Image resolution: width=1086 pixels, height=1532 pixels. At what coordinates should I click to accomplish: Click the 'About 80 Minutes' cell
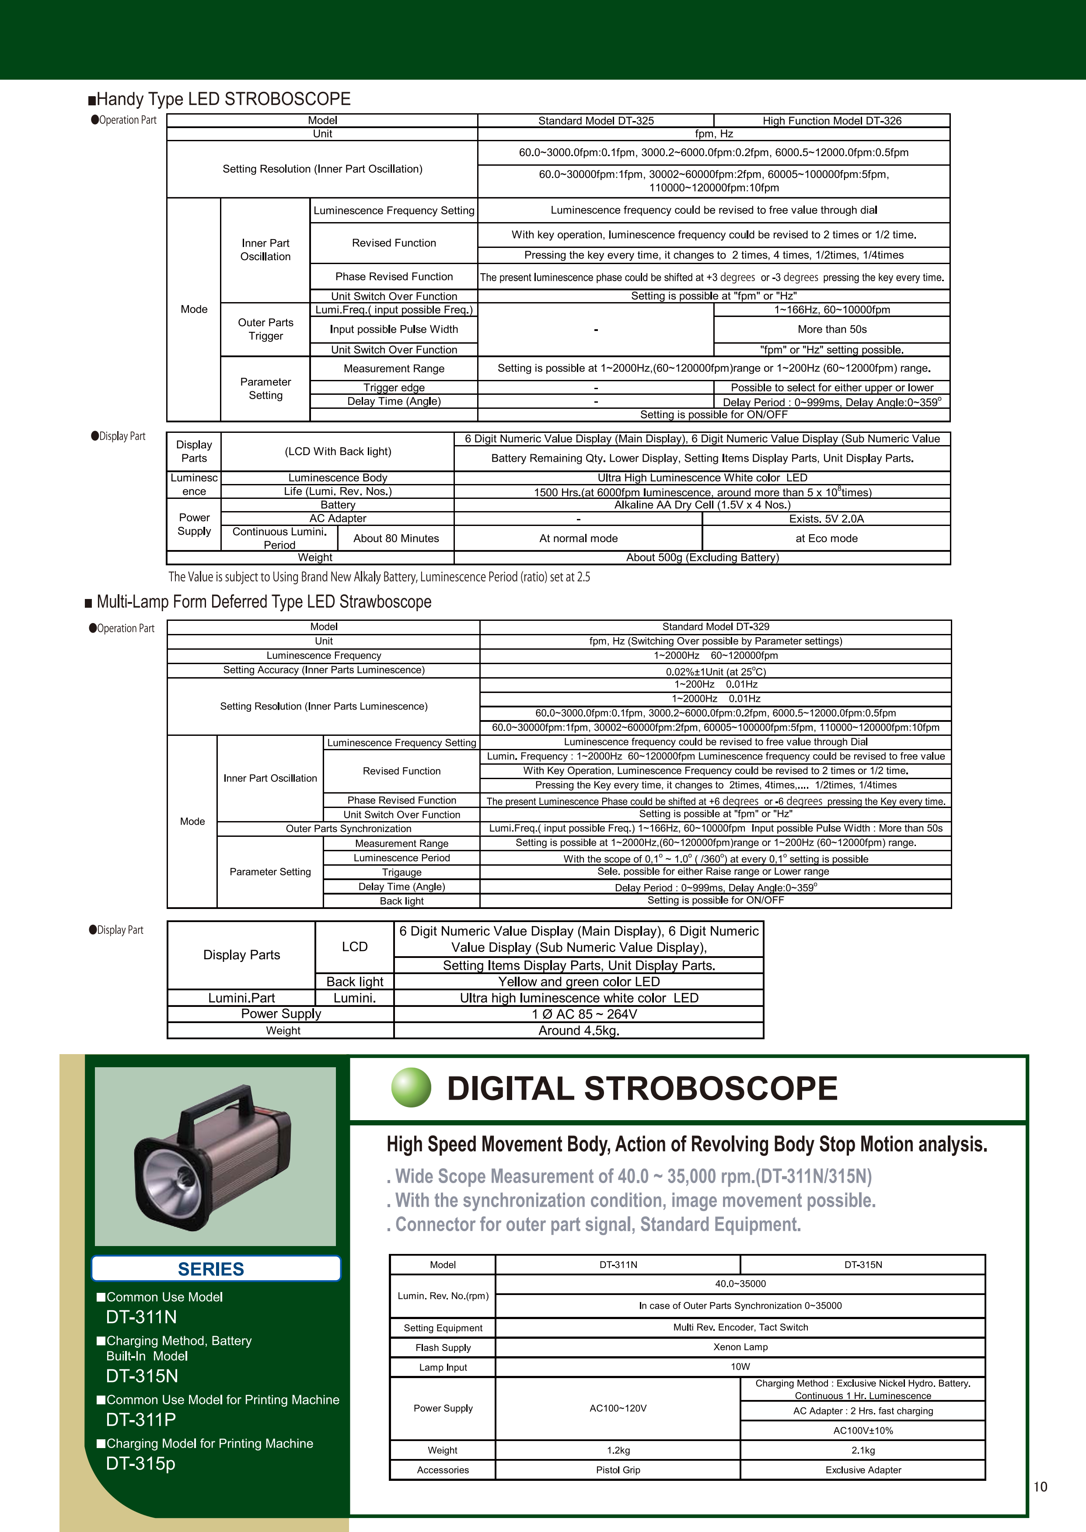click(x=396, y=538)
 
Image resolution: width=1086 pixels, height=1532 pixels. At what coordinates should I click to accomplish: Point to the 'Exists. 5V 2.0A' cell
click(x=827, y=519)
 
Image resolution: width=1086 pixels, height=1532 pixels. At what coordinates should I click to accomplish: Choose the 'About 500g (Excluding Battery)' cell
click(x=702, y=557)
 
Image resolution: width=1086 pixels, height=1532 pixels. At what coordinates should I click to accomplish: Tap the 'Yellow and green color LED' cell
click(x=579, y=981)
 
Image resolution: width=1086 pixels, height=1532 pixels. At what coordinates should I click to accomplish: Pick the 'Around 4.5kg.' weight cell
click(x=579, y=1030)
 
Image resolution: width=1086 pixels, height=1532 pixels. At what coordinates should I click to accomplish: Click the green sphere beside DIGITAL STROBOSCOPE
click(x=411, y=1087)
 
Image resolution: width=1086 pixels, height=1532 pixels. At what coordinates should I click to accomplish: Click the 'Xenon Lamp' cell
click(x=740, y=1347)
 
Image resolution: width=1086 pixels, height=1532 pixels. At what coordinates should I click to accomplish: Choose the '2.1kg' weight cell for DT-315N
click(x=863, y=1450)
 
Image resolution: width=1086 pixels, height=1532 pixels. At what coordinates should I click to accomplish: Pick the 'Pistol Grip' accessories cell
click(x=618, y=1470)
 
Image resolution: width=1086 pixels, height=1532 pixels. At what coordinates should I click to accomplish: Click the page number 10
click(x=1041, y=1487)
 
